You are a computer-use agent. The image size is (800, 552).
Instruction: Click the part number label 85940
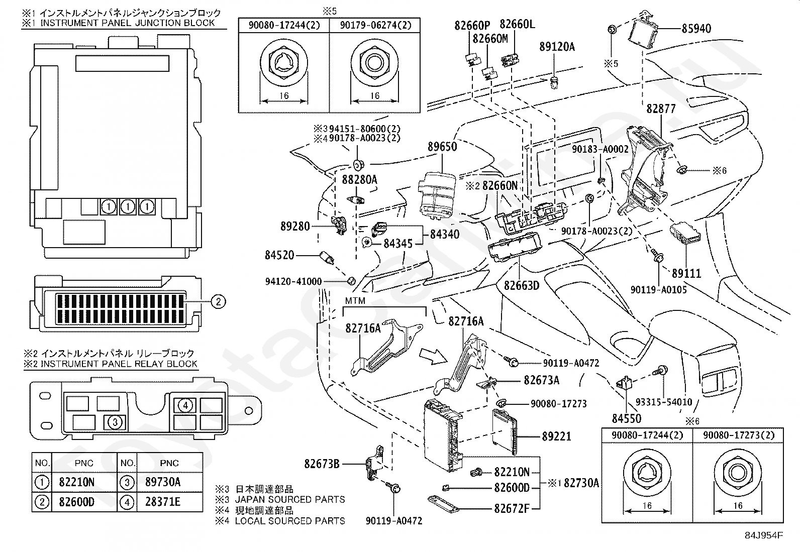(x=696, y=29)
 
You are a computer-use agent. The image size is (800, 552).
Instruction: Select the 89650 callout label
(x=442, y=147)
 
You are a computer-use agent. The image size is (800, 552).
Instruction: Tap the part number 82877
(x=661, y=108)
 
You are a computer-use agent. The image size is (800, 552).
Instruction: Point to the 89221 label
(x=556, y=436)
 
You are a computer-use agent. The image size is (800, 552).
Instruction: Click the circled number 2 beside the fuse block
(x=218, y=301)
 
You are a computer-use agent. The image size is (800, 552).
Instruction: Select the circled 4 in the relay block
(x=185, y=405)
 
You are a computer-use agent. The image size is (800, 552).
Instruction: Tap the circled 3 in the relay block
(x=115, y=422)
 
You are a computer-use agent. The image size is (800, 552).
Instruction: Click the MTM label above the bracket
(x=355, y=301)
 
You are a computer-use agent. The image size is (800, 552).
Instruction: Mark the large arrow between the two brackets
(x=433, y=356)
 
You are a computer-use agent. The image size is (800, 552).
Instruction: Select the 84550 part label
(x=626, y=417)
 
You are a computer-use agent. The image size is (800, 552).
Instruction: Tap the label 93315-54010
(x=663, y=402)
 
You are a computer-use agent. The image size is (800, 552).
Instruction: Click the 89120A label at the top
(x=557, y=47)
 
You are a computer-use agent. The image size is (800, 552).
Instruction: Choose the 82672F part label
(x=512, y=508)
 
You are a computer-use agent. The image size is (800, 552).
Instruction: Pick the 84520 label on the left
(x=279, y=256)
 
